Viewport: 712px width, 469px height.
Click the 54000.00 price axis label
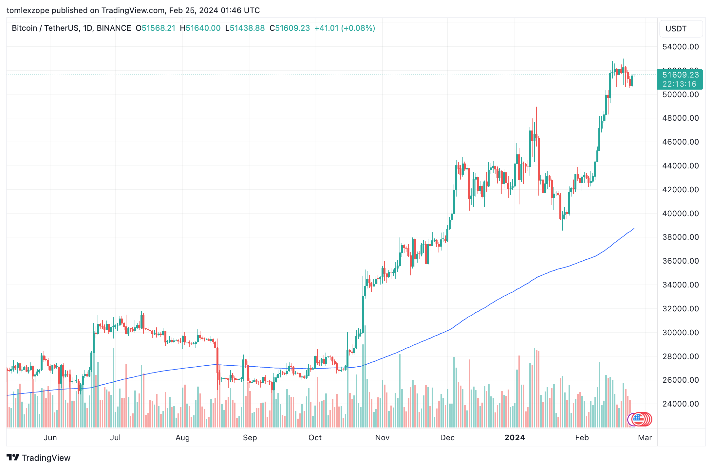point(680,47)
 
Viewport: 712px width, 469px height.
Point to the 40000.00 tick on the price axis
point(680,214)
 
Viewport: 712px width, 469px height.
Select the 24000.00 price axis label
point(680,404)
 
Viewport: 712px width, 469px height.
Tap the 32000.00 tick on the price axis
point(680,309)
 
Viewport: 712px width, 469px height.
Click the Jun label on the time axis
point(50,438)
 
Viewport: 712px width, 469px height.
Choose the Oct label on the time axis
point(315,438)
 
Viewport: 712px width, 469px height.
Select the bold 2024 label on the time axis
point(515,438)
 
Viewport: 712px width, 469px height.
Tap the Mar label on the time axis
point(645,438)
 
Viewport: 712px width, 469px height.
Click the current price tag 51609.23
point(680,75)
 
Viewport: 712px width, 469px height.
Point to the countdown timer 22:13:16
point(679,84)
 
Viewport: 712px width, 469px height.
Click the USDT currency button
point(676,29)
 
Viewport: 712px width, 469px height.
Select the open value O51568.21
point(156,28)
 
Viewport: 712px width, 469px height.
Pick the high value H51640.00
point(200,28)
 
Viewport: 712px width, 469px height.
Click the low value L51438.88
point(245,28)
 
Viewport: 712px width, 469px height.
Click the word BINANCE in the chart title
point(114,28)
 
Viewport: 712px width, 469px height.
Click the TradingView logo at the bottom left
point(39,458)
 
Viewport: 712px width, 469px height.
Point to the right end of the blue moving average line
point(634,229)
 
